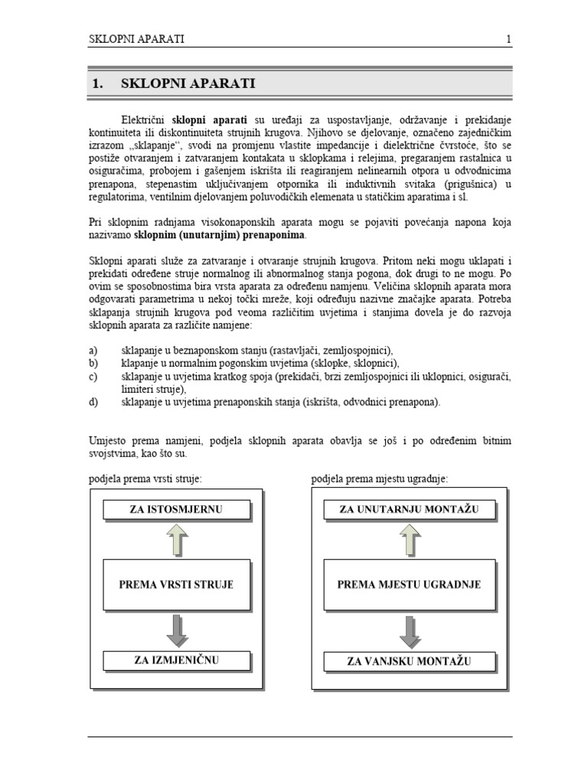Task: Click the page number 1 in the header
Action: (508, 39)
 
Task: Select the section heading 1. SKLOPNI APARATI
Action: (173, 84)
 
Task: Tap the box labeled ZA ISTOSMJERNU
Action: (176, 509)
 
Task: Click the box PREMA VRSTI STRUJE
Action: (176, 584)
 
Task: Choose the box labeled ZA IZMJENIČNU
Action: (176, 659)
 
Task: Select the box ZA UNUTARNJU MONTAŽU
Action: (409, 509)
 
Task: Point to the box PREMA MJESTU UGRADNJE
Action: (409, 584)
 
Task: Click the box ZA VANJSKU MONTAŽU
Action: (409, 659)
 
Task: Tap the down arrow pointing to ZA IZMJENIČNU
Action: (176, 629)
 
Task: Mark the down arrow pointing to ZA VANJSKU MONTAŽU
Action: (409, 629)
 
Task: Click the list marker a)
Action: (93, 349)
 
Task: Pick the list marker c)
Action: (93, 376)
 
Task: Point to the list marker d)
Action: (93, 402)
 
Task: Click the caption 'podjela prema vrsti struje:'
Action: (145, 479)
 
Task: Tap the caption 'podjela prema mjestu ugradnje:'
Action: (380, 479)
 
